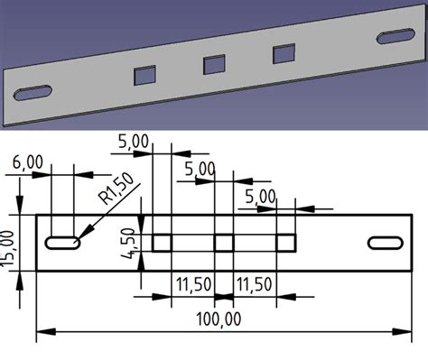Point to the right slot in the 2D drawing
[385, 242]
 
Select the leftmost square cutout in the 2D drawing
[162, 242]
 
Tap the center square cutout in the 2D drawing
[224, 242]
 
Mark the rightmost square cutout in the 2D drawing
[286, 242]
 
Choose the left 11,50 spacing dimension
[191, 283]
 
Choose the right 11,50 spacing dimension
[255, 283]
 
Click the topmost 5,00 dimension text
[135, 141]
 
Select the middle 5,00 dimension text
[199, 168]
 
